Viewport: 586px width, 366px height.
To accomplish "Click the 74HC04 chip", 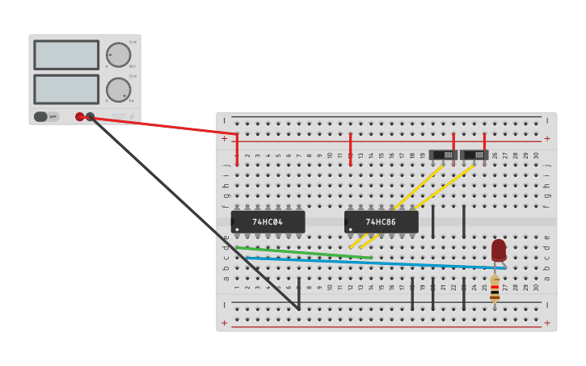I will pyautogui.click(x=268, y=221).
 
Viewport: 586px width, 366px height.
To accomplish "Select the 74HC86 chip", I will pyautogui.click(x=381, y=221).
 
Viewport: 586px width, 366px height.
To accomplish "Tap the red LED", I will pyautogui.click(x=499, y=249).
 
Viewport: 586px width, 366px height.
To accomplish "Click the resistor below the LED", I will pyautogui.click(x=495, y=289).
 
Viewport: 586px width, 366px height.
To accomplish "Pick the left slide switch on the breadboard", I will pyautogui.click(x=443, y=154).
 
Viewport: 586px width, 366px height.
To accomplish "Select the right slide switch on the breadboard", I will pyautogui.click(x=474, y=154).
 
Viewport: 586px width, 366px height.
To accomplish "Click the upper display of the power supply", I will pyautogui.click(x=66, y=55).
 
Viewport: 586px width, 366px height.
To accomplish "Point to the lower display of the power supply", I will pyautogui.click(x=66, y=89).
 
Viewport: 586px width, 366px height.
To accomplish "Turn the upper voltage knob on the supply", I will pyautogui.click(x=118, y=55).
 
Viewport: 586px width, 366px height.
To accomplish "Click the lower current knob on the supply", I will pyautogui.click(x=118, y=90).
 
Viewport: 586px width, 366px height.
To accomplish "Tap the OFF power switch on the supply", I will pyautogui.click(x=46, y=116).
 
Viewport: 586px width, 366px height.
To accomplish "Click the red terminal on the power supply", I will pyautogui.click(x=79, y=116).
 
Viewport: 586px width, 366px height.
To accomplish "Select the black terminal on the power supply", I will pyautogui.click(x=91, y=116).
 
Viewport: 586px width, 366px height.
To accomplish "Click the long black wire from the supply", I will pyautogui.click(x=194, y=212).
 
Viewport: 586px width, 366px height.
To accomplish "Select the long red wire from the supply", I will pyautogui.click(x=162, y=125).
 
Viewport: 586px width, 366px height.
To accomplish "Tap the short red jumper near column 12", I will pyautogui.click(x=350, y=149).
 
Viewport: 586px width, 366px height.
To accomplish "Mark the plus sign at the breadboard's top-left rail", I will pyautogui.click(x=224, y=138).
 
